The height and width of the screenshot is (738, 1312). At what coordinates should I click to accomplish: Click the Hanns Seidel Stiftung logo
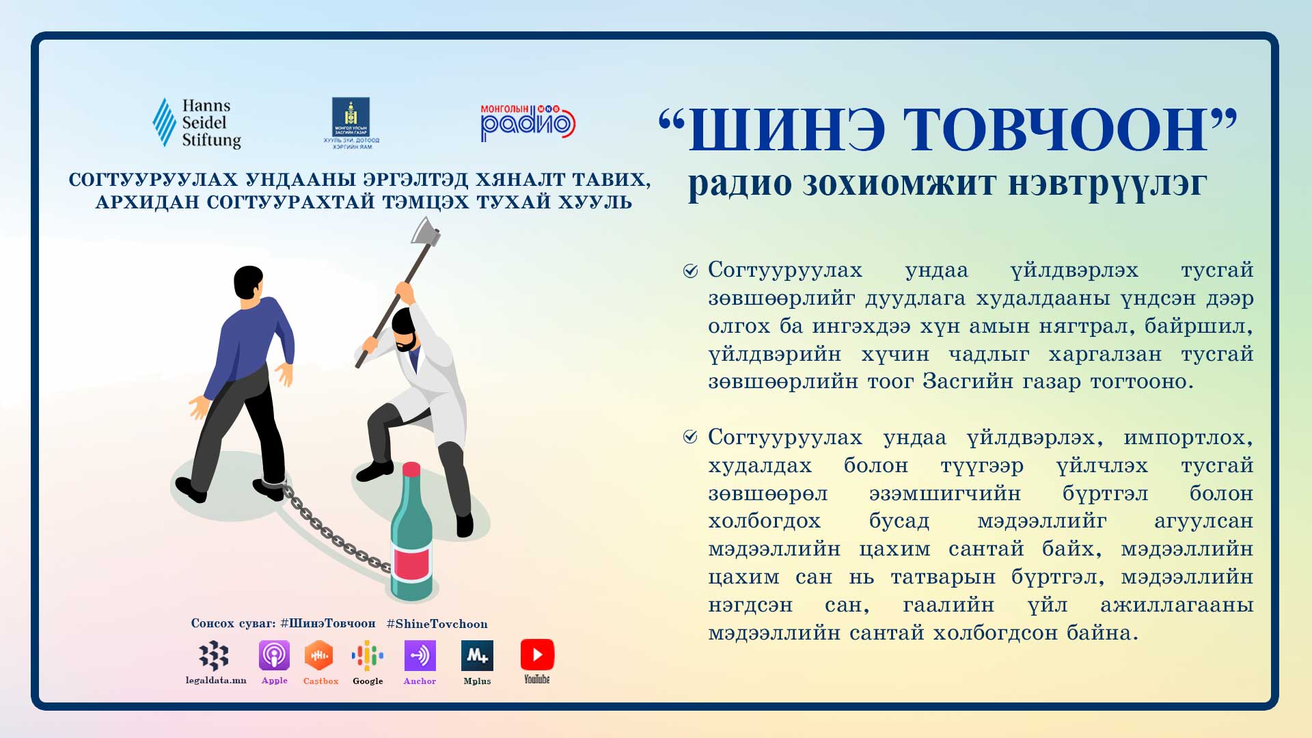click(x=197, y=123)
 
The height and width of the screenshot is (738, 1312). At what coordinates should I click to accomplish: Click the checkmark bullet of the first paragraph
click(x=690, y=271)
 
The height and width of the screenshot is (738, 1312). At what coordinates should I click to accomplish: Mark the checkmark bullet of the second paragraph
click(x=690, y=437)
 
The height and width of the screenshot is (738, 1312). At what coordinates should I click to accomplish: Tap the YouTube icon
click(x=537, y=655)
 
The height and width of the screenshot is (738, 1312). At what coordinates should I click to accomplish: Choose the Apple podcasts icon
click(x=274, y=655)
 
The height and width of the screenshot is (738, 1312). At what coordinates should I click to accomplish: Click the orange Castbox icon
click(x=318, y=655)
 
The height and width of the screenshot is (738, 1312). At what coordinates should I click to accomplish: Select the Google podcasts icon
click(x=368, y=656)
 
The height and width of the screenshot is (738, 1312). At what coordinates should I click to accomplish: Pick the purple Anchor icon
click(x=420, y=655)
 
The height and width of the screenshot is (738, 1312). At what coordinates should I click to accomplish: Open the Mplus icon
click(x=477, y=655)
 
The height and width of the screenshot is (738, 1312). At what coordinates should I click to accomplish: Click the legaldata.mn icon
click(x=214, y=655)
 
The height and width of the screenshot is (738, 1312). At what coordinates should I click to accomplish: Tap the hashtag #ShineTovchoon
click(x=437, y=624)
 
